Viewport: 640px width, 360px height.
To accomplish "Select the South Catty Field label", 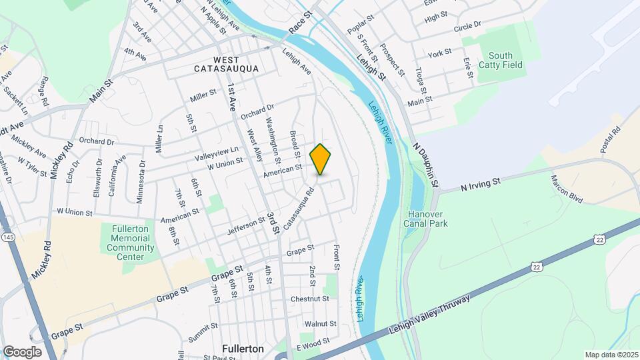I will coord(505,60).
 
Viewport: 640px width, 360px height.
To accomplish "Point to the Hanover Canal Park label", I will coord(429,219).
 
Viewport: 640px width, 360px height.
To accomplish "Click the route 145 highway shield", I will coord(8,237).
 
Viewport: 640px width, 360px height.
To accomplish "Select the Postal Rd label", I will coord(610,140).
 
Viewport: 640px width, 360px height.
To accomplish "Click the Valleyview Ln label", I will coord(217,153).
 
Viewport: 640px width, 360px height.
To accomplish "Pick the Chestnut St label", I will coord(310,299).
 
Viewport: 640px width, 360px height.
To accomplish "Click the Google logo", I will coord(22,351).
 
